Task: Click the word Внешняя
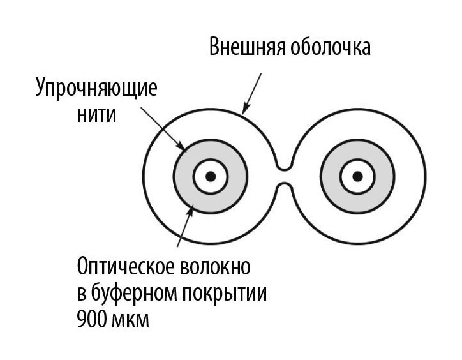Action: (x=247, y=47)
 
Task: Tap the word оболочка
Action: (x=331, y=47)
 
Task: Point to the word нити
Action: (x=96, y=114)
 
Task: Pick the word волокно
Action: (x=214, y=266)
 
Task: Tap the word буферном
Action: (x=133, y=293)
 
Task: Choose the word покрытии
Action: (x=224, y=294)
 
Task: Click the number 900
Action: (x=91, y=319)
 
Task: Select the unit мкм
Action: (x=131, y=320)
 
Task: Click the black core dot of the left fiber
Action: (x=211, y=177)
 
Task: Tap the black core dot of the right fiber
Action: (x=357, y=177)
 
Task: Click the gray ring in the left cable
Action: (x=183, y=177)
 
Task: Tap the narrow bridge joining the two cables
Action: (x=284, y=177)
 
